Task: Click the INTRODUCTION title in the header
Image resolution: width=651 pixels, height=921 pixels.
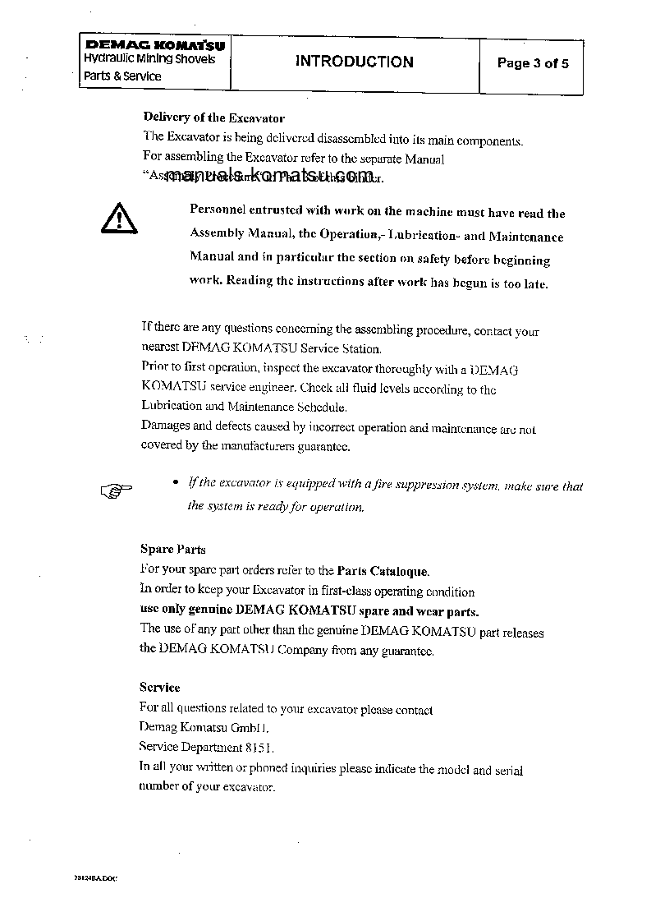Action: click(355, 62)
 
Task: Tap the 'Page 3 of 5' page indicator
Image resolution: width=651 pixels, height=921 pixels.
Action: click(533, 63)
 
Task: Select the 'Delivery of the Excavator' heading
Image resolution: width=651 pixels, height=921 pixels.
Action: click(214, 117)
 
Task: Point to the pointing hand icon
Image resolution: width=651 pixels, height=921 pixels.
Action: click(116, 491)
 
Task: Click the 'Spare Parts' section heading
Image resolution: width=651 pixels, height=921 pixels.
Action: click(172, 550)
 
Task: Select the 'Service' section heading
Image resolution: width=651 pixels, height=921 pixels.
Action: click(159, 687)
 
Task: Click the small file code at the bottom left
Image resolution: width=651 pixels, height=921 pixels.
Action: click(96, 878)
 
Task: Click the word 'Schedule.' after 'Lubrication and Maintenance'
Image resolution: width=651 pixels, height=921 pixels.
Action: click(322, 407)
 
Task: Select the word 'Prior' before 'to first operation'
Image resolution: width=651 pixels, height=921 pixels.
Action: click(154, 368)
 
